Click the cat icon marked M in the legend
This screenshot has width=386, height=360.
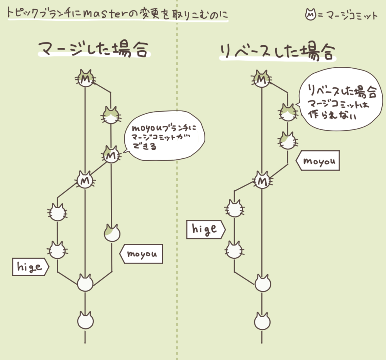[x=310, y=15]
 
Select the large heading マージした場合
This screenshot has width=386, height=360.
[x=93, y=49]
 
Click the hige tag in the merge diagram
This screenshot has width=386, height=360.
[x=30, y=267]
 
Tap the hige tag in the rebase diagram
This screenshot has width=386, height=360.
[x=205, y=229]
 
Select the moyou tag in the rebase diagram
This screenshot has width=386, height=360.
[x=318, y=160]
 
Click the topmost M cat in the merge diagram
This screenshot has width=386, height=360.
[x=85, y=78]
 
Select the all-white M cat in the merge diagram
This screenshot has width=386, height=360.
[x=85, y=180]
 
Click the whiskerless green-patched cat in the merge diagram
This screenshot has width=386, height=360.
[x=112, y=233]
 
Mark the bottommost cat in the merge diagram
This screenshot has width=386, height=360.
[x=85, y=320]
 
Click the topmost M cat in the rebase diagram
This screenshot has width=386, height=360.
[x=262, y=78]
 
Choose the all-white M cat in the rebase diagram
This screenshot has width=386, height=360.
[x=262, y=180]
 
